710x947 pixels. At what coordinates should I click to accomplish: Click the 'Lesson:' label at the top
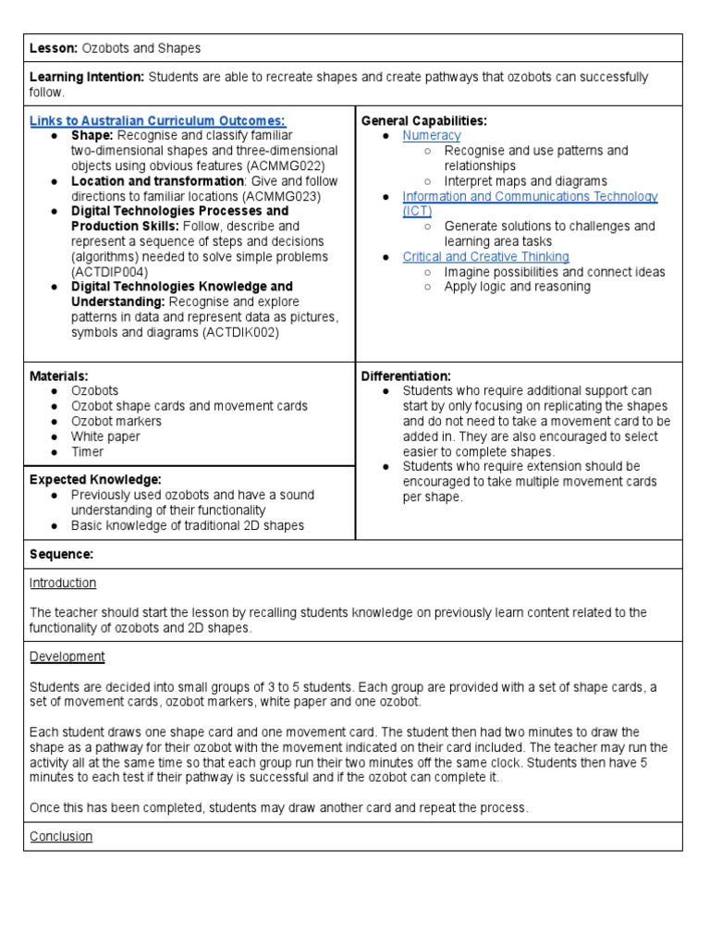tap(55, 48)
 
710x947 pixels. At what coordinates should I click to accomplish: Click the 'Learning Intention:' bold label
tap(86, 78)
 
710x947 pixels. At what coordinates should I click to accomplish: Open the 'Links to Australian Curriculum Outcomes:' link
tap(158, 121)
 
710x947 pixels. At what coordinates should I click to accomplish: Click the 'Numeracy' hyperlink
tap(431, 135)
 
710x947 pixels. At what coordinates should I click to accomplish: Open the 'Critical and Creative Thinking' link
tap(485, 256)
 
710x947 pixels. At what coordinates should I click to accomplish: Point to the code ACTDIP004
tap(108, 272)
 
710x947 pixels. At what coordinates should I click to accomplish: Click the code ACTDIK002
tap(242, 333)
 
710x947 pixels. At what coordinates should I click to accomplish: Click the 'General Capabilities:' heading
tap(423, 121)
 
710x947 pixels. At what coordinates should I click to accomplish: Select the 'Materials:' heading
tap(59, 376)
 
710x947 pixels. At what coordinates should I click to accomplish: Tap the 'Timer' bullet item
tap(88, 451)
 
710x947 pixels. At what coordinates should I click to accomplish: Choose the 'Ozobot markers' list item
tap(116, 421)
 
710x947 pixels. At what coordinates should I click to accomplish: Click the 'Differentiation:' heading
tap(406, 376)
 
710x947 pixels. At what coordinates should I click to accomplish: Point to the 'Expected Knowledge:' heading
tap(95, 480)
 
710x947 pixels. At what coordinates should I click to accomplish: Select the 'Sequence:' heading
tap(61, 554)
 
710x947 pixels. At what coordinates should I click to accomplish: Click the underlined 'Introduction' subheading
tap(63, 583)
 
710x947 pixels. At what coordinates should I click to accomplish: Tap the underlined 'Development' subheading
tap(67, 656)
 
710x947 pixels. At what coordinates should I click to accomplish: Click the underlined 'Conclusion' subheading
tap(61, 836)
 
